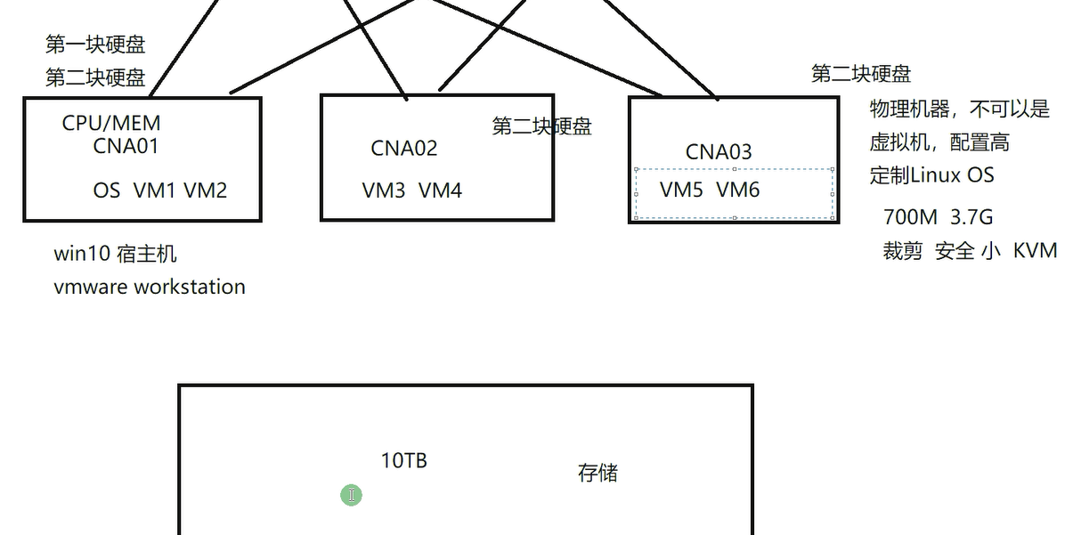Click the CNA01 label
click(126, 146)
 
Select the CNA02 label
click(404, 148)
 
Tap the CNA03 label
click(719, 152)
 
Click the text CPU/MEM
click(111, 124)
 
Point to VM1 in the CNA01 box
click(155, 190)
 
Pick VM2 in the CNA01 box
click(205, 190)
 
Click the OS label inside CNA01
click(107, 190)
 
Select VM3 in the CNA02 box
click(384, 190)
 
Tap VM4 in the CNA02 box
click(440, 190)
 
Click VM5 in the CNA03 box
click(681, 190)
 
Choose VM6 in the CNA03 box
click(737, 190)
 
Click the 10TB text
click(404, 460)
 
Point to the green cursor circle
click(352, 495)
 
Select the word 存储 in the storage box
click(597, 473)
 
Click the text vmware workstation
click(150, 288)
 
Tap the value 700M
click(910, 217)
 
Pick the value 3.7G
click(971, 217)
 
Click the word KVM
click(1035, 251)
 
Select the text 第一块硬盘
click(95, 45)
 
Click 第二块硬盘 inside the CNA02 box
click(541, 126)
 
